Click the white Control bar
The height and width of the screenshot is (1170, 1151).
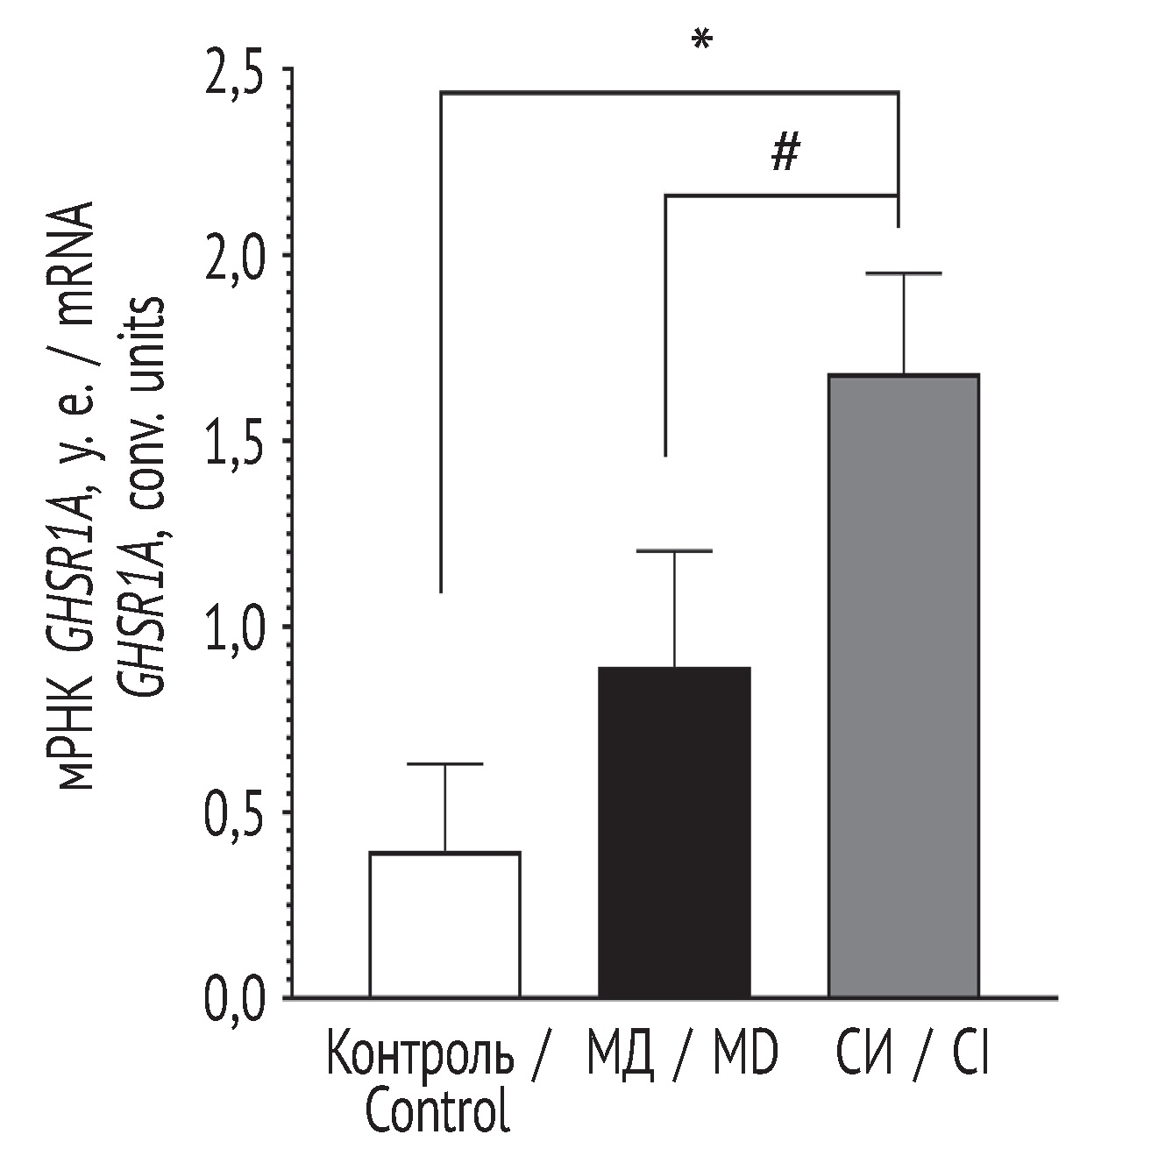click(444, 925)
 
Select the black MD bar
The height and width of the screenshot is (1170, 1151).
click(674, 833)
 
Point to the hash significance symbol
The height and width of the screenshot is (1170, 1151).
click(785, 155)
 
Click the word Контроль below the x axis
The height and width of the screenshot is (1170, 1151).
click(420, 1056)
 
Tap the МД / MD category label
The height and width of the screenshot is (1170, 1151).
click(681, 1056)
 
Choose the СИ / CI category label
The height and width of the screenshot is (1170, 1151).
click(912, 1056)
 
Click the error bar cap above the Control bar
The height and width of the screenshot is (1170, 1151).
click(444, 764)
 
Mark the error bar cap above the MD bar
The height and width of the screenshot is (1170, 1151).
click(674, 551)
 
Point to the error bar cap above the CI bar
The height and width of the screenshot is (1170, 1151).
click(903, 274)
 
